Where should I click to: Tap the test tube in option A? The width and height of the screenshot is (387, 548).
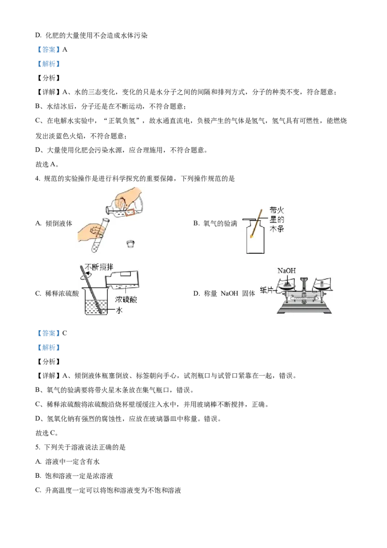coord(100,235)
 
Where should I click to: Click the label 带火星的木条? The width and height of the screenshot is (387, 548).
coord(277,219)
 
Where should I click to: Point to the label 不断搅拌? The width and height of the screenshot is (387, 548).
coord(99,267)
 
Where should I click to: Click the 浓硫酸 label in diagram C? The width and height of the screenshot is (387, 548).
coord(126,300)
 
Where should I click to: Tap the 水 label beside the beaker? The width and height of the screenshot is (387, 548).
coord(119,310)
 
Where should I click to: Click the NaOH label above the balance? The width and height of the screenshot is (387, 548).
coord(286,271)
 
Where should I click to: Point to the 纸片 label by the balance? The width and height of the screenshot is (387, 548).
coord(267,289)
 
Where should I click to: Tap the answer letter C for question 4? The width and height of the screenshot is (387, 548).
coord(65,333)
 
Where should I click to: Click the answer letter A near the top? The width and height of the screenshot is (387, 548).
coord(65,50)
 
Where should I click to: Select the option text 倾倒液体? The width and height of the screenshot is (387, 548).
coord(59,223)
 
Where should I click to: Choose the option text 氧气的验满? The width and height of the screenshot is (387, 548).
coord(220,223)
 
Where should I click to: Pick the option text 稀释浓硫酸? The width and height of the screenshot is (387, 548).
coord(62,293)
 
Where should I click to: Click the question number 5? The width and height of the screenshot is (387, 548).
coord(37,447)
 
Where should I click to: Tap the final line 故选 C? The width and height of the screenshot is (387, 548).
coord(47,433)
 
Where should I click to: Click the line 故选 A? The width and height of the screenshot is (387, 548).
coord(47,164)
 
